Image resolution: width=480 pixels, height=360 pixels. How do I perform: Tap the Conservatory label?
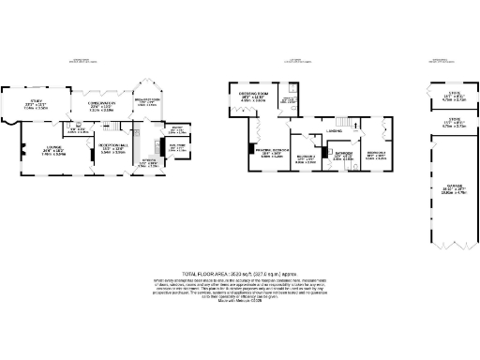point(100,104)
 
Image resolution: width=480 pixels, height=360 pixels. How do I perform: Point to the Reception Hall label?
point(113,148)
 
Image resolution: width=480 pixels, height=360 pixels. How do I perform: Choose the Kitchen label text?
point(147,161)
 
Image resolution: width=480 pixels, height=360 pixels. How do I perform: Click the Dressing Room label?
point(255,95)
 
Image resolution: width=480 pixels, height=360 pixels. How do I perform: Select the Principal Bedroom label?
point(272,151)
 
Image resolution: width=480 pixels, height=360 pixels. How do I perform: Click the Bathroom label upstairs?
point(344,153)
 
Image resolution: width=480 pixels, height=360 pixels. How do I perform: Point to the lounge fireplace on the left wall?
point(21,150)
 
